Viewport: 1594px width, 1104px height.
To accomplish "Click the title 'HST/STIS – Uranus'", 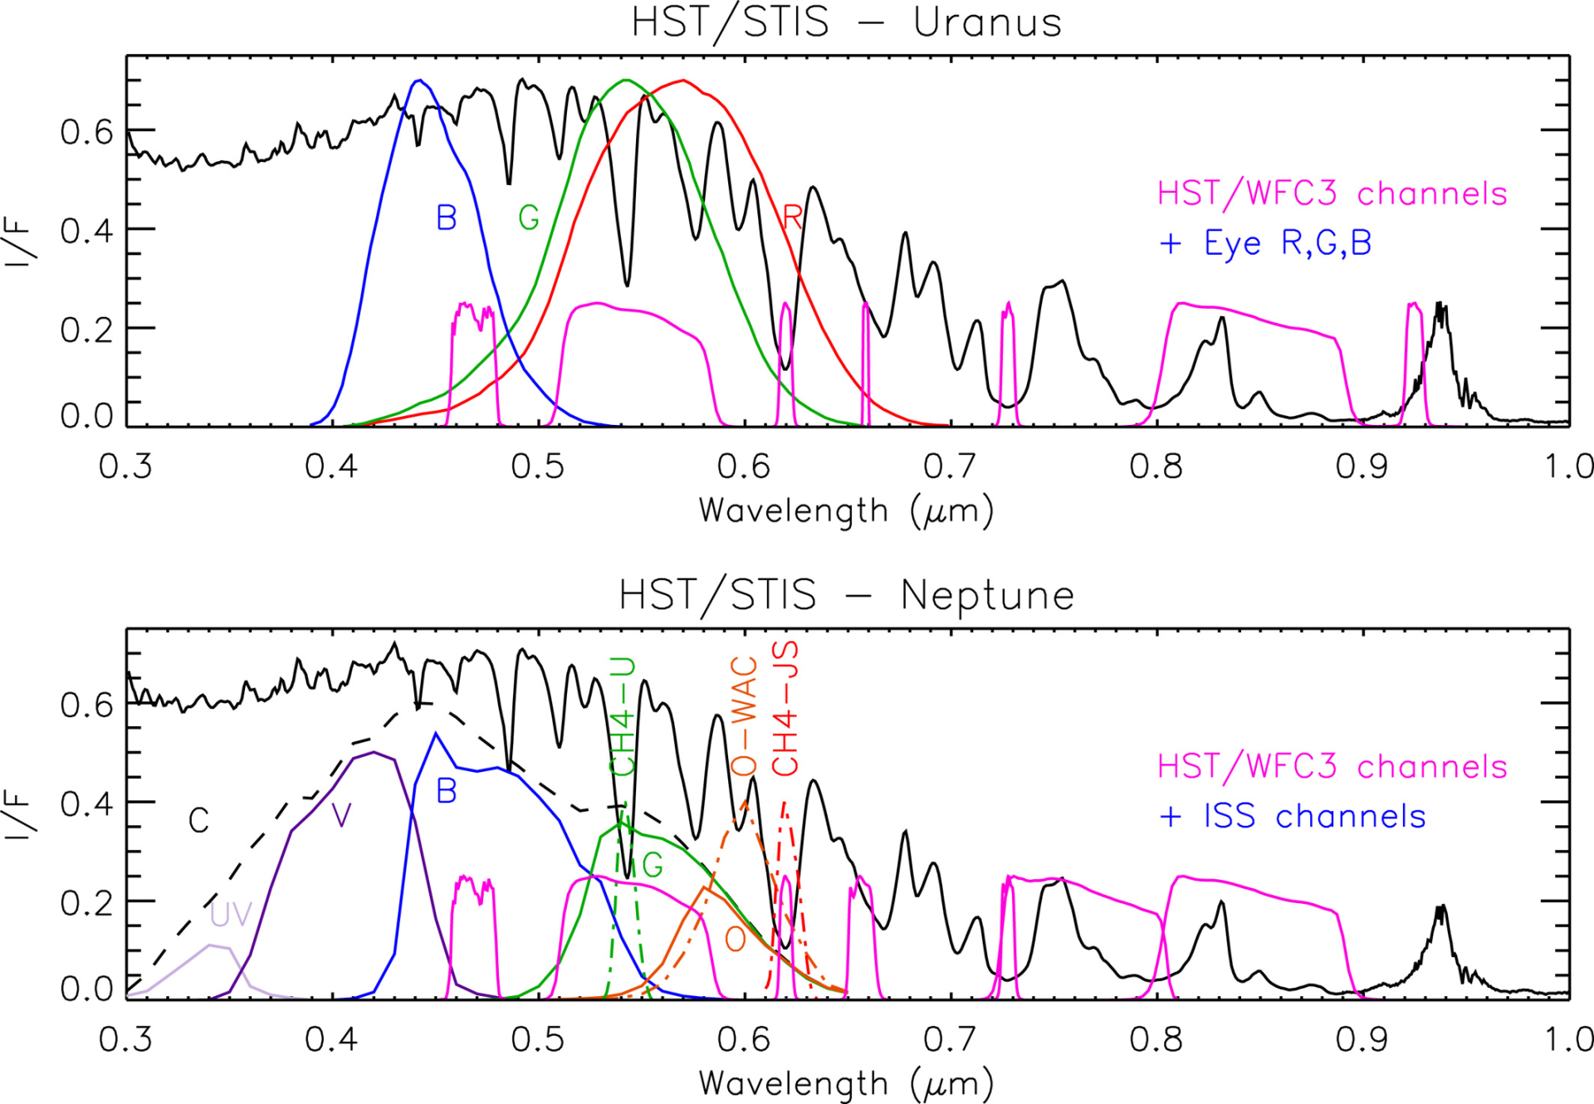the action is click(846, 23).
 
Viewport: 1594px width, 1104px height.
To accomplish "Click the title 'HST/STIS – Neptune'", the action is click(846, 596).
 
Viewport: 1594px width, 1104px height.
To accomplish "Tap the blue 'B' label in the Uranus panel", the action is click(447, 217).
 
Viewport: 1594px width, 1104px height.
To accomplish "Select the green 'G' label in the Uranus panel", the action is click(529, 217).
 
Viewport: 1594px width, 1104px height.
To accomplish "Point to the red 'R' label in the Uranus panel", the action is click(792, 217).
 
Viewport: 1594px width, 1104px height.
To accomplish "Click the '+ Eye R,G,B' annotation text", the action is click(1265, 243).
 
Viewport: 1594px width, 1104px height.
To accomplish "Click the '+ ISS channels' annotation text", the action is click(1292, 816).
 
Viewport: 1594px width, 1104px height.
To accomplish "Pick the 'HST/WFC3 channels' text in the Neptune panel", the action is click(1332, 766).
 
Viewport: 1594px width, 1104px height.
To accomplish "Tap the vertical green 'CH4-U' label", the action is click(623, 716).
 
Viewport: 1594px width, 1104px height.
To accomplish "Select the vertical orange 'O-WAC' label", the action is click(744, 716).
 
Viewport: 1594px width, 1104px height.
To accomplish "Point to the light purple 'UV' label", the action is click(230, 914).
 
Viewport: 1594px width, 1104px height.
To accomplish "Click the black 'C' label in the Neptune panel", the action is click(198, 821).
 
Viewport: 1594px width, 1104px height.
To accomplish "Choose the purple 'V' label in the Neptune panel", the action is click(341, 816).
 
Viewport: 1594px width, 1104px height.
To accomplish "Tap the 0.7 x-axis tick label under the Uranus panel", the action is click(950, 467).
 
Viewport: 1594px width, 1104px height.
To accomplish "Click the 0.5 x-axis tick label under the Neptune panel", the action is click(538, 1039).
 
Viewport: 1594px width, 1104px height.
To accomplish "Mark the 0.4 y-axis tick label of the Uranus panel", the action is click(86, 231).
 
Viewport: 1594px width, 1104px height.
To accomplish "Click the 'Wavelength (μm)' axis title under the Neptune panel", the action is click(846, 1084).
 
